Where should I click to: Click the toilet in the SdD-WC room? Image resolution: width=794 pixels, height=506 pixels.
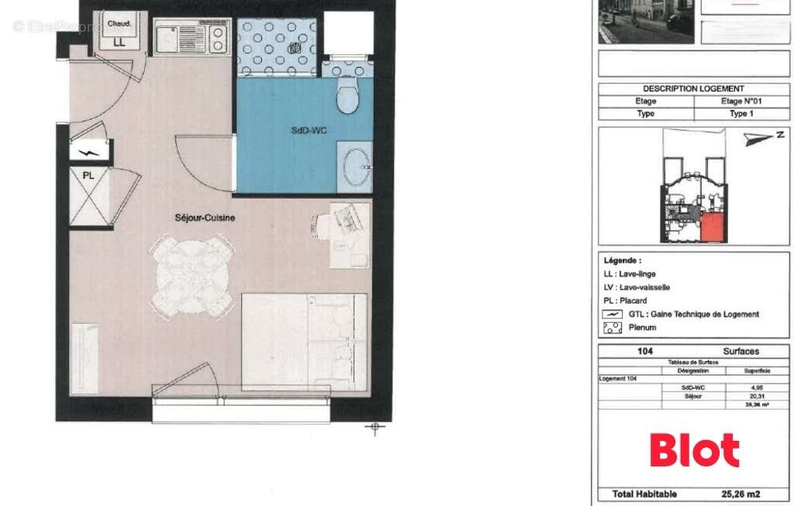347,97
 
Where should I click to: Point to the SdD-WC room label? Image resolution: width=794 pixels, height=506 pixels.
309,130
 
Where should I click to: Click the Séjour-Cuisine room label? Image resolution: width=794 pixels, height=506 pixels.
205,218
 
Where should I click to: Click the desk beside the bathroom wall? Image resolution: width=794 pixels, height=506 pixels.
350,235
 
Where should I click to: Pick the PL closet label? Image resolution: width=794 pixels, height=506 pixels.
88,175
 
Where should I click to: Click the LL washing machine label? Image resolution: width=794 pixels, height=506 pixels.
119,43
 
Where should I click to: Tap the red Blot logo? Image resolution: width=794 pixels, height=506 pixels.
694,450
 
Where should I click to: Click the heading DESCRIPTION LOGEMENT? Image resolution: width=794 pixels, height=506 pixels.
693,88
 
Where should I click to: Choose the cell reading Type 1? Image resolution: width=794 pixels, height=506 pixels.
740,113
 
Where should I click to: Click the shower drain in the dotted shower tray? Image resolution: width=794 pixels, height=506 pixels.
295,48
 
